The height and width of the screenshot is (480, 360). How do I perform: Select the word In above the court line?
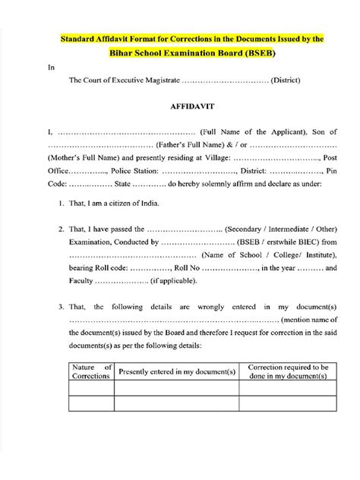click(x=52, y=67)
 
